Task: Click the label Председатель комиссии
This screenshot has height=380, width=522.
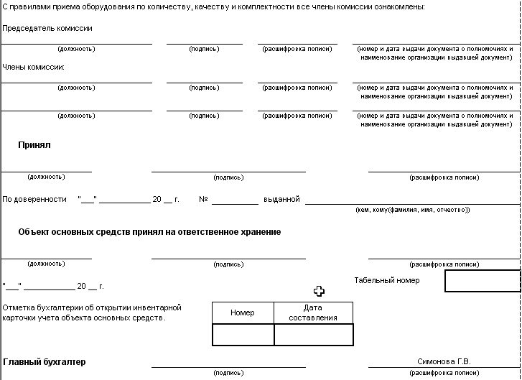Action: (x=47, y=28)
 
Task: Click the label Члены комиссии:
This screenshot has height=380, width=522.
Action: (x=34, y=67)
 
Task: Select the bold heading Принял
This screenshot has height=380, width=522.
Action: (x=34, y=144)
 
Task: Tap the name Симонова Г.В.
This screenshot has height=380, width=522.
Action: (x=444, y=361)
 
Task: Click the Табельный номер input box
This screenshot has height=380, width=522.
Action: (x=482, y=281)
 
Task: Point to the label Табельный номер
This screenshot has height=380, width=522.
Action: (x=387, y=280)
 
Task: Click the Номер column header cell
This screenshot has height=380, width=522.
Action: (x=243, y=313)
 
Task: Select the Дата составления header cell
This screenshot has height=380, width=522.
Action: (x=313, y=312)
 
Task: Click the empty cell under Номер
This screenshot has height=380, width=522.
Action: (x=243, y=335)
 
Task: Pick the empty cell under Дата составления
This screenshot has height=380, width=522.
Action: (x=313, y=335)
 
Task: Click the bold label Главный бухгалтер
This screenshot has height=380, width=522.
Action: (x=45, y=362)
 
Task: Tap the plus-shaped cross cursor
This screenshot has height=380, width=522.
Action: (x=320, y=291)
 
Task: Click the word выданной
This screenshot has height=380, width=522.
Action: (x=281, y=199)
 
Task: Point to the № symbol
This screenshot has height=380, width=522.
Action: (x=203, y=199)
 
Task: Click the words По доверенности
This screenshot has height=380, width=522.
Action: (x=34, y=199)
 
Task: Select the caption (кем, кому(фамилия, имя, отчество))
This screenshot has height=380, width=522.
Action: (x=413, y=210)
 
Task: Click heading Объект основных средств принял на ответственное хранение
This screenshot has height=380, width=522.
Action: (x=149, y=232)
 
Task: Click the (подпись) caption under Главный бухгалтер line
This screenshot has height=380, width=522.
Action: (x=228, y=374)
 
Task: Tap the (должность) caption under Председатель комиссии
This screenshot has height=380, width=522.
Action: (x=76, y=49)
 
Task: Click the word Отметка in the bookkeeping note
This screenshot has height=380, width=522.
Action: (x=18, y=307)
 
